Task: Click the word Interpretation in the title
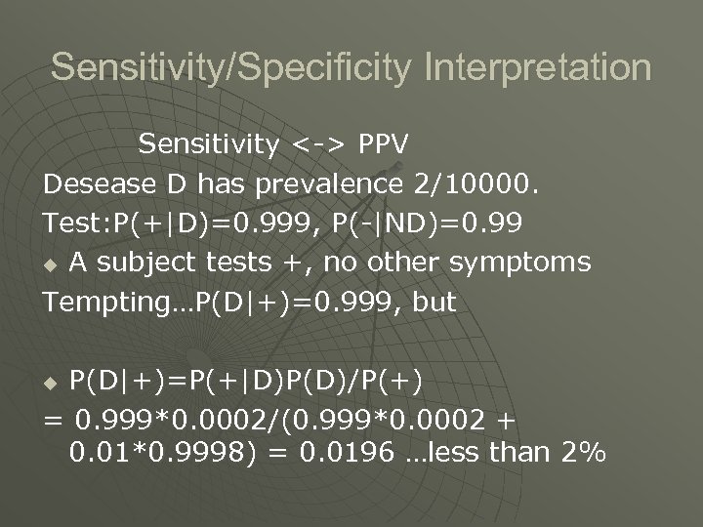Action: coord(536,68)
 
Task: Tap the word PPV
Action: coord(383,144)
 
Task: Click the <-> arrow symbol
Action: coord(318,144)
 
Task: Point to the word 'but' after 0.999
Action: coord(433,302)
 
